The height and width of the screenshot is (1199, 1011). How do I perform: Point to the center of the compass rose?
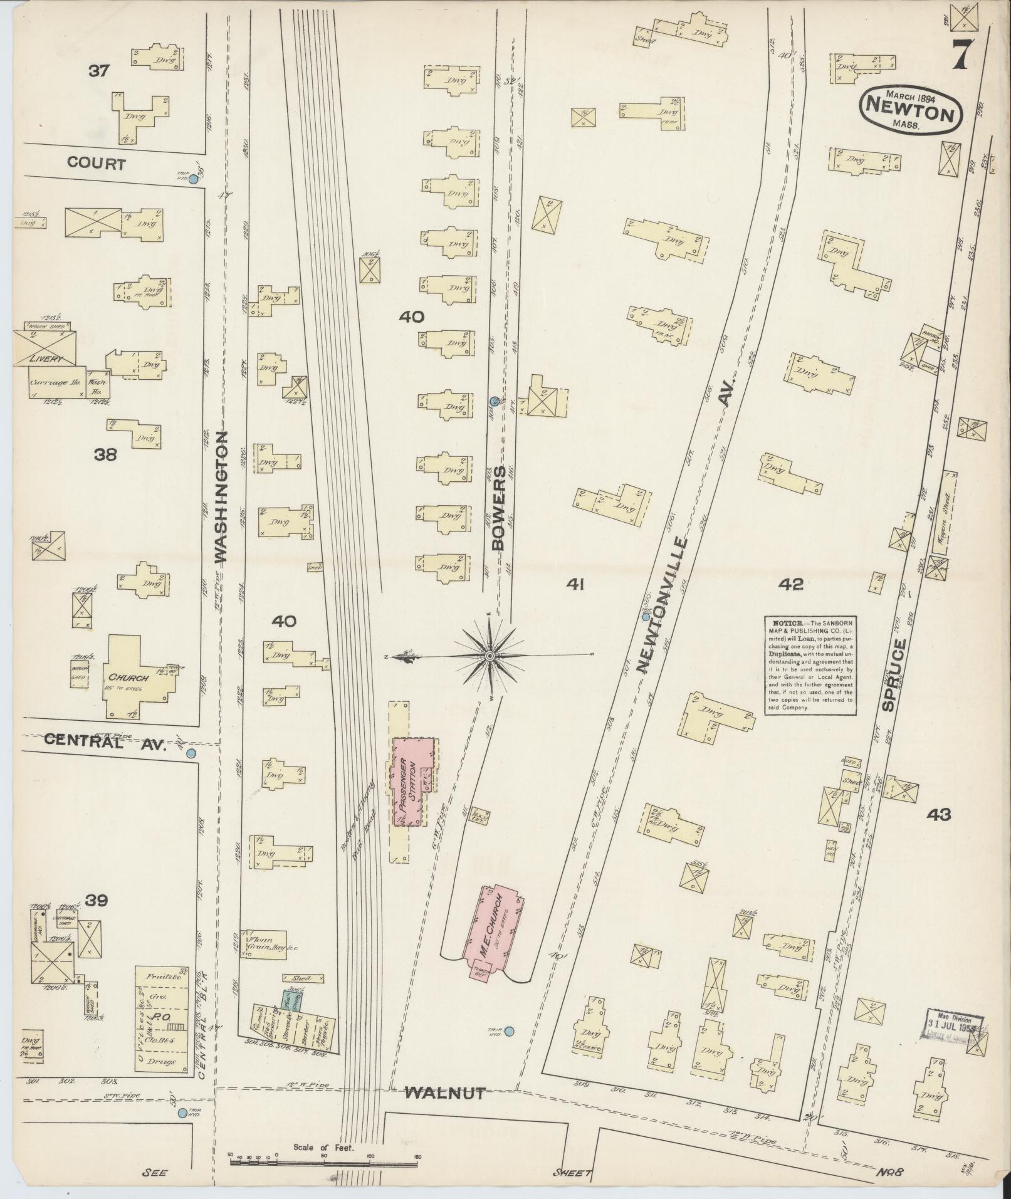[490, 656]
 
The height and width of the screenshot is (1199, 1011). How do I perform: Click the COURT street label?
[97, 164]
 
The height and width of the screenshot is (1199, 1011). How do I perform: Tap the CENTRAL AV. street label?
[104, 743]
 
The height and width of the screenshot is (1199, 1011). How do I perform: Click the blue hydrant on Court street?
[194, 179]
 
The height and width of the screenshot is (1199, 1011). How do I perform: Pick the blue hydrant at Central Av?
[191, 753]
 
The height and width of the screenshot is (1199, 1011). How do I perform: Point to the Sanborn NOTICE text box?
[810, 664]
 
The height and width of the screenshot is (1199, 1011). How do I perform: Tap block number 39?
[97, 901]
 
